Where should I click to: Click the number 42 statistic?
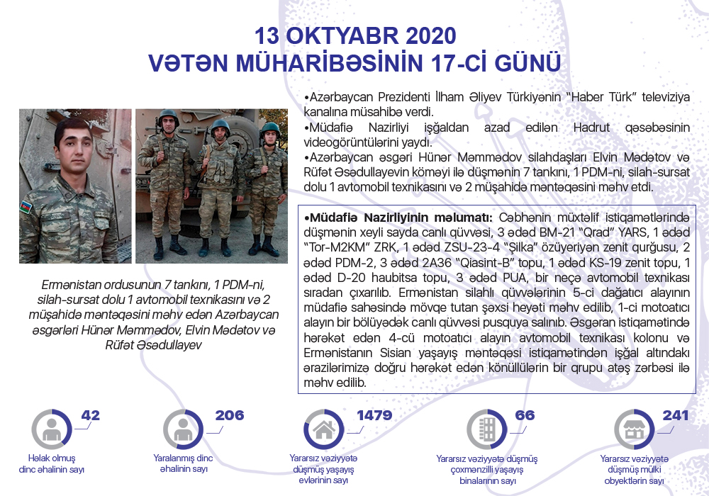(91, 415)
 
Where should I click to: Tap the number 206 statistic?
(229, 415)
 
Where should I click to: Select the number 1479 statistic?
(374, 415)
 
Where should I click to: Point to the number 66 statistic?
(525, 415)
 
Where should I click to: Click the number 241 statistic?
(675, 415)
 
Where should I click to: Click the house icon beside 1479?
(324, 429)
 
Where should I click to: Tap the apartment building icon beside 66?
(487, 429)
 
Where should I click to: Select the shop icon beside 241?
(634, 429)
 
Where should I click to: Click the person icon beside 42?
(51, 429)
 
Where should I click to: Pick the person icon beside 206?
(183, 429)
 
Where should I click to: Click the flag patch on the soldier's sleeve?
(26, 206)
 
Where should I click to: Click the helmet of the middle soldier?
(220, 125)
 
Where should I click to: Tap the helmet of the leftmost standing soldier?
(168, 115)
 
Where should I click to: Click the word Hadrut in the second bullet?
(591, 128)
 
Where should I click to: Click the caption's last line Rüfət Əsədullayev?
(153, 345)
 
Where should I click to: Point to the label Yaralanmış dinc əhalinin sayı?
(183, 463)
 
